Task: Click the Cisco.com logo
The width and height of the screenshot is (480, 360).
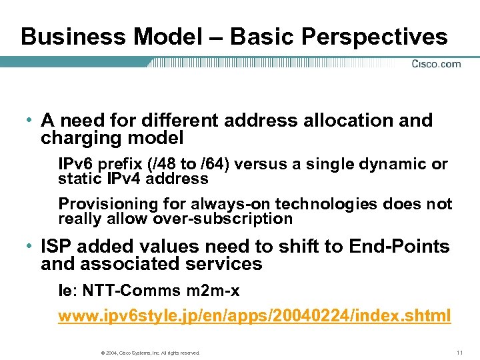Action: pyautogui.click(x=436, y=64)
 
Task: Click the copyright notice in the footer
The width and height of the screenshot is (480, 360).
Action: pyautogui.click(x=149, y=352)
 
